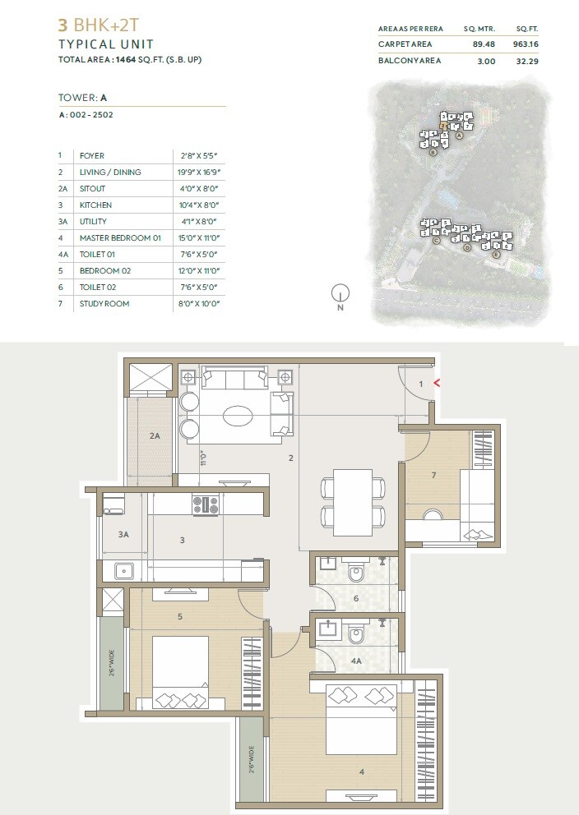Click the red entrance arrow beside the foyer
pos(437,383)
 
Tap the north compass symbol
pos(340,293)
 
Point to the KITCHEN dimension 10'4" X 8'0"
pos(201,205)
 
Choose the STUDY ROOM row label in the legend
pos(104,304)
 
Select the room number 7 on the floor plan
pos(433,475)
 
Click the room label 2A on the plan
pos(154,436)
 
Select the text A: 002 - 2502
pos(86,115)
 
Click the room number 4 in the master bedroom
pos(361,771)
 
